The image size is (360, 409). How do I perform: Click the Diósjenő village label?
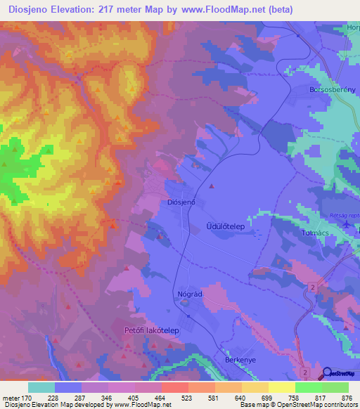point(181,202)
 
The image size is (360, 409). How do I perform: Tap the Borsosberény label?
point(323,91)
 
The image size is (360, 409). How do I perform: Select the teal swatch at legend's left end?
point(41,387)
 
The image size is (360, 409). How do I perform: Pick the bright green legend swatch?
point(309,387)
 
